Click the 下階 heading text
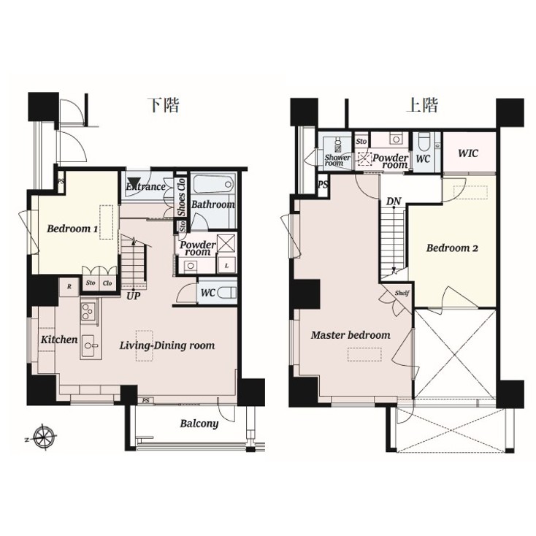(164, 104)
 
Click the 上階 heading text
(422, 104)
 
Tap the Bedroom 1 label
(72, 229)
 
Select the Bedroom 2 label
(452, 248)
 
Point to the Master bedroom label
(351, 335)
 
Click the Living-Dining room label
(167, 345)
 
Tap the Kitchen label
(58, 340)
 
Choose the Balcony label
(199, 424)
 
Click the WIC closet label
(469, 153)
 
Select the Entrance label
(146, 187)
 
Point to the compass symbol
(45, 438)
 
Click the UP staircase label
(133, 296)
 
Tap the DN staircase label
(394, 201)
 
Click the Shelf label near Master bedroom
(402, 294)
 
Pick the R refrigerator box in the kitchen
(69, 286)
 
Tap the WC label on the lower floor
(207, 293)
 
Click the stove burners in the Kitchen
(88, 312)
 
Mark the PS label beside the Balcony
(146, 400)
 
